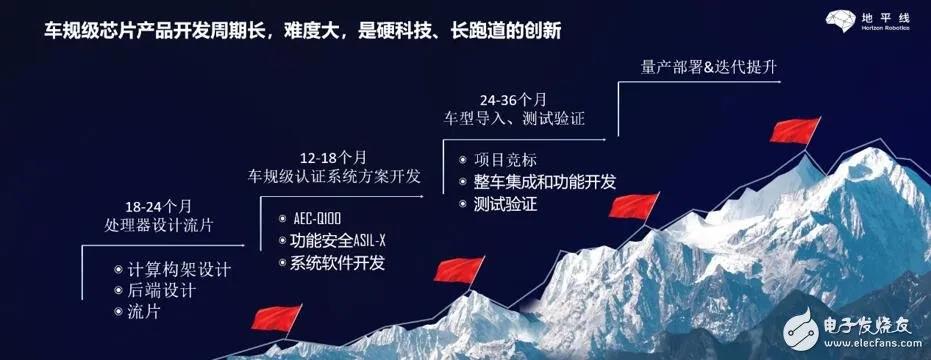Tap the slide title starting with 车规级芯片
(302, 31)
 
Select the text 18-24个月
(158, 207)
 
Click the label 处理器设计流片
(157, 226)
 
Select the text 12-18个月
(334, 158)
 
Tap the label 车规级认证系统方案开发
(334, 177)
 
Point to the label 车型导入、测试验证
(514, 118)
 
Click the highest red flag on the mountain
(795, 131)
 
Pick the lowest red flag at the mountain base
(276, 318)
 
